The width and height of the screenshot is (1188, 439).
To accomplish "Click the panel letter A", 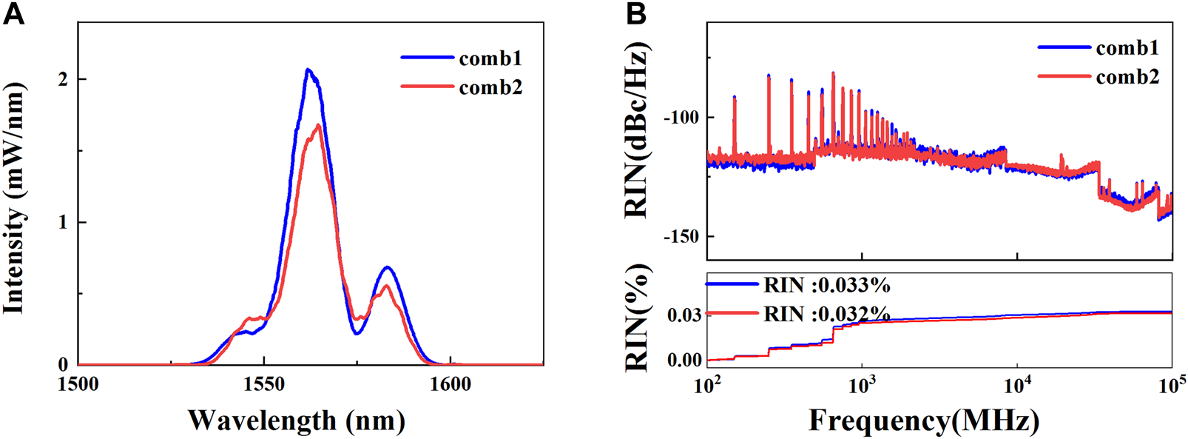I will coord(13,13).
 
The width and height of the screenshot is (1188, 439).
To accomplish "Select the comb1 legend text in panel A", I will coord(490,58).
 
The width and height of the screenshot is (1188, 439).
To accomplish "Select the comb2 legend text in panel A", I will coord(490,87).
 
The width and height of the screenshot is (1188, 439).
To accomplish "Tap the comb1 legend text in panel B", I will coord(1127,48).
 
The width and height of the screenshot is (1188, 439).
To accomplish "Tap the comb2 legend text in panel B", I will coord(1127,77).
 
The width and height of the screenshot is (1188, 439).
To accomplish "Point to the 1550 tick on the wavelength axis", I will coord(264,384).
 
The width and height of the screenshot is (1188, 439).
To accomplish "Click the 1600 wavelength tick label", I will coord(450,384).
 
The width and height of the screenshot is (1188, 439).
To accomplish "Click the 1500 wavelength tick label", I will coord(78,384).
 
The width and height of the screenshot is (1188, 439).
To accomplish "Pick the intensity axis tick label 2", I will coord(64,79).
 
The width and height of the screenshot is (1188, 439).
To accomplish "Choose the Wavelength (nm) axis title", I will coord(297,420).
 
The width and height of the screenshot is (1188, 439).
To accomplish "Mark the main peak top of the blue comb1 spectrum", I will coord(308,70).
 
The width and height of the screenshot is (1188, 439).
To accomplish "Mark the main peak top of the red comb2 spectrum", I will coord(318,125).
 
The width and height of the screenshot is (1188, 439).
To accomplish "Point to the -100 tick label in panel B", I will coord(680,118).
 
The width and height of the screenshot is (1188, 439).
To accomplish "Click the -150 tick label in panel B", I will coord(680,237).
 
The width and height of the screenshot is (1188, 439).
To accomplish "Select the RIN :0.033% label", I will coord(826,286).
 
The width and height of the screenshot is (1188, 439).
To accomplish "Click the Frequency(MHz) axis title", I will coord(924,420).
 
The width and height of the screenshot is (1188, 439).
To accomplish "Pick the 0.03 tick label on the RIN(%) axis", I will coord(684,315).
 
